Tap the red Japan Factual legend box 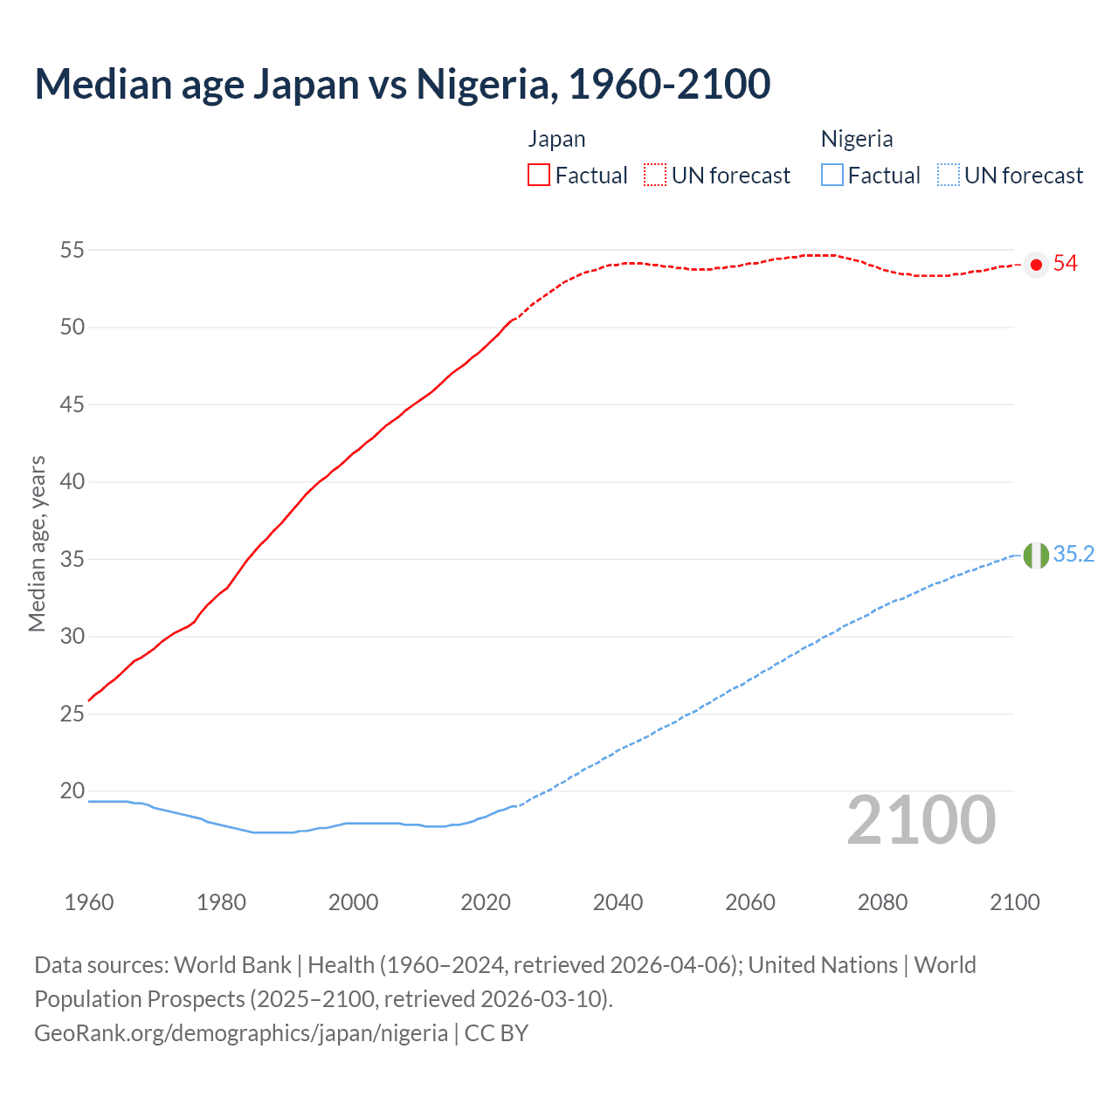[539, 175]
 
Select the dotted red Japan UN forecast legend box [655, 175]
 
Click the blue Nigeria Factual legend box [832, 175]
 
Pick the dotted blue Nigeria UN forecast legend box [948, 175]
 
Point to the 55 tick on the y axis [72, 250]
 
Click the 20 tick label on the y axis [72, 790]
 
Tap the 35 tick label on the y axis [72, 559]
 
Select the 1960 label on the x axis [89, 902]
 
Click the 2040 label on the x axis [618, 902]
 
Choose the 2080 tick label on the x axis [882, 902]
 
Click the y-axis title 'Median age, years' [37, 543]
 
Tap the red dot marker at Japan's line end [1036, 265]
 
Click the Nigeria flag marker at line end [1036, 556]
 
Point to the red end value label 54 [1066, 264]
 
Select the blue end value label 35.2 [1073, 555]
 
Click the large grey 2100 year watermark [921, 820]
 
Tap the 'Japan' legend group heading [556, 139]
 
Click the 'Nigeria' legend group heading [857, 139]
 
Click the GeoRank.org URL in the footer [241, 1033]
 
